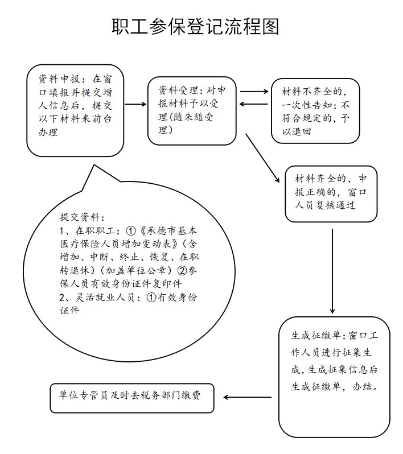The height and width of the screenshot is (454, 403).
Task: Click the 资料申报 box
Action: click(x=75, y=111)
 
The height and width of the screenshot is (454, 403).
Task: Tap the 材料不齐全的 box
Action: click(x=315, y=110)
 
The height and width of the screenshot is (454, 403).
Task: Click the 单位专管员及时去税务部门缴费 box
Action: click(x=132, y=397)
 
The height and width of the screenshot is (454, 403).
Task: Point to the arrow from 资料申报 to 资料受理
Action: click(x=136, y=104)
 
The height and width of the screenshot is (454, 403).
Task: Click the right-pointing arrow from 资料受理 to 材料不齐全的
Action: click(x=254, y=91)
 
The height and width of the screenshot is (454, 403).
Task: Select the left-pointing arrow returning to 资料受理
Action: click(x=254, y=104)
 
